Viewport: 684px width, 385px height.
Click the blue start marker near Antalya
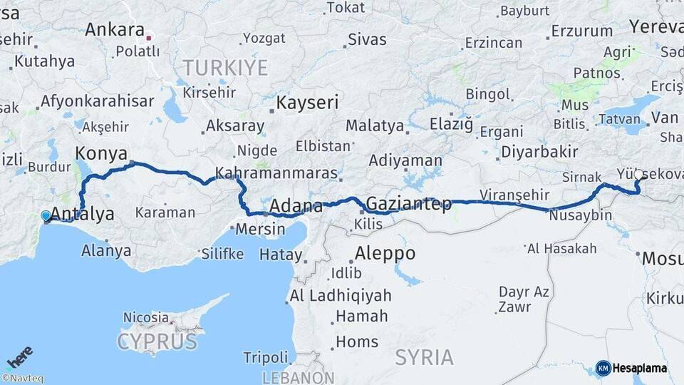tap(46, 215)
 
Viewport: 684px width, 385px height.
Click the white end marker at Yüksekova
tap(638, 174)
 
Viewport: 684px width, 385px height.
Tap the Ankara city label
tap(114, 30)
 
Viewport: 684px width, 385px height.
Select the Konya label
tap(101, 153)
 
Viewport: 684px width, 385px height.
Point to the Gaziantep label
tap(408, 204)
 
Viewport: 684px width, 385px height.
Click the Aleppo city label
tap(385, 253)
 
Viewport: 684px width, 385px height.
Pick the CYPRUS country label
tap(157, 342)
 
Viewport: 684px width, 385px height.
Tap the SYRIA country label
tap(425, 356)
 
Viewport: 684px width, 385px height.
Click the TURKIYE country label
tap(225, 68)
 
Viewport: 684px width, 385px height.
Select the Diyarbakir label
tap(539, 151)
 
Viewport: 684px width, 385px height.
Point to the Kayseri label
tap(307, 103)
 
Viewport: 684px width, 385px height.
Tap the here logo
tap(20, 356)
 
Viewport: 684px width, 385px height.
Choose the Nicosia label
tap(146, 317)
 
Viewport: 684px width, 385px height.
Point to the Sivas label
tap(368, 39)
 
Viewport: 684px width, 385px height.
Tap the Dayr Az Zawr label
tap(524, 299)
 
